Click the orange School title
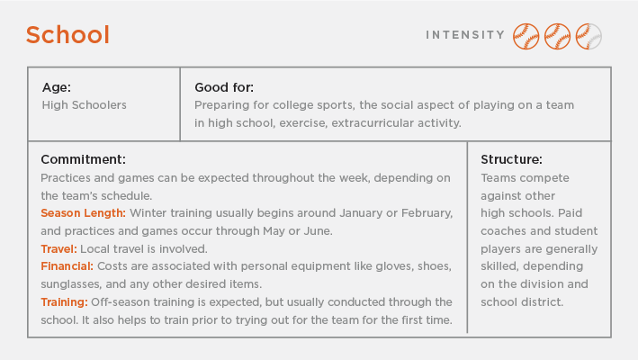[x=67, y=35]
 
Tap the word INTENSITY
[x=465, y=35]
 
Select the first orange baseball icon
[x=526, y=36]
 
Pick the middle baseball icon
[x=557, y=36]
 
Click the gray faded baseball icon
[x=589, y=36]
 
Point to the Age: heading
[x=57, y=87]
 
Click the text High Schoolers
[x=85, y=105]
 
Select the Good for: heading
[x=224, y=87]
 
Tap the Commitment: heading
[x=83, y=159]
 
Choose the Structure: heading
[x=511, y=159]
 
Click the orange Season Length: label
[x=83, y=213]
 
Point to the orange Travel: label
[x=58, y=248]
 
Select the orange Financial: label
[x=67, y=266]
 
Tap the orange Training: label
[x=64, y=301]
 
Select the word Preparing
[x=223, y=105]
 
